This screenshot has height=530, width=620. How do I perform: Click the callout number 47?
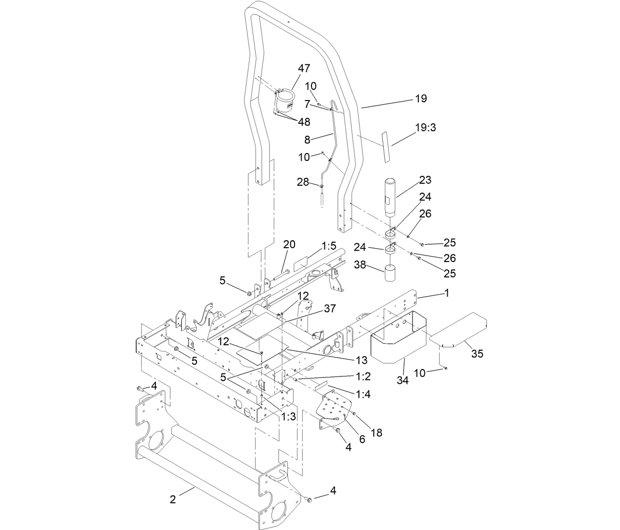click(x=304, y=68)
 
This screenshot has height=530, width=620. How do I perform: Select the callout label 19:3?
click(x=425, y=127)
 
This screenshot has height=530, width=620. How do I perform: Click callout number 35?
click(x=477, y=354)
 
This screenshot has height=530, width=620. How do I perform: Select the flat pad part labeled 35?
click(x=460, y=328)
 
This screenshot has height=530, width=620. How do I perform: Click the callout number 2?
click(x=172, y=499)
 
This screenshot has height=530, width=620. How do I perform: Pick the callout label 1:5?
click(x=328, y=245)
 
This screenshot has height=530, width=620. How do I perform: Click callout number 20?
click(x=289, y=244)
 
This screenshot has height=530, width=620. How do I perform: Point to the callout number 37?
click(x=330, y=309)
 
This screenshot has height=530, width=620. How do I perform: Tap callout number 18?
click(x=376, y=432)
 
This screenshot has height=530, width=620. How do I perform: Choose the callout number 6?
click(x=362, y=439)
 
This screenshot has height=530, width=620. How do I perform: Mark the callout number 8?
click(x=308, y=140)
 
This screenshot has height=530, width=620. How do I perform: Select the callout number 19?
click(x=420, y=99)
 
